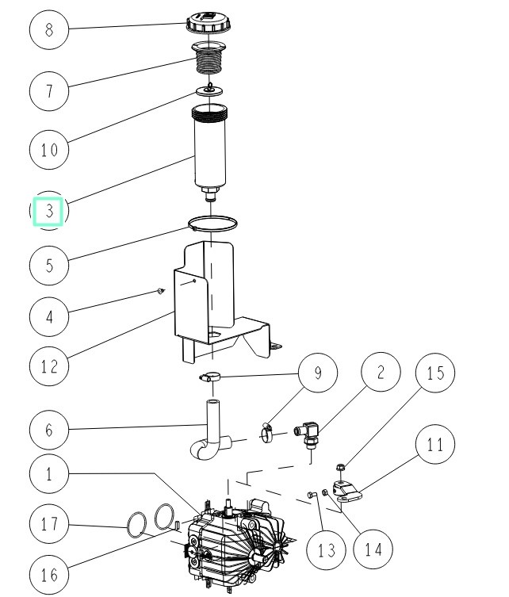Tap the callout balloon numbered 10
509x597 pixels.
tap(49, 150)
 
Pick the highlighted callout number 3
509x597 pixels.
tap(48, 212)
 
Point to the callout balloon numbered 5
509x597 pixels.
tap(49, 264)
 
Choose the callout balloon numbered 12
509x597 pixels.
tap(49, 365)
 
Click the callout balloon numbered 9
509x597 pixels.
tap(318, 373)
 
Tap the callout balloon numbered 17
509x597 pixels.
tap(49, 523)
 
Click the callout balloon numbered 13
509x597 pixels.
tap(327, 549)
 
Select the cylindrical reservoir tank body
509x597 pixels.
tap(212, 147)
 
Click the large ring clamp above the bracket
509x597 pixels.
tap(213, 221)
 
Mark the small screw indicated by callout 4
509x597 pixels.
tap(159, 292)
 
